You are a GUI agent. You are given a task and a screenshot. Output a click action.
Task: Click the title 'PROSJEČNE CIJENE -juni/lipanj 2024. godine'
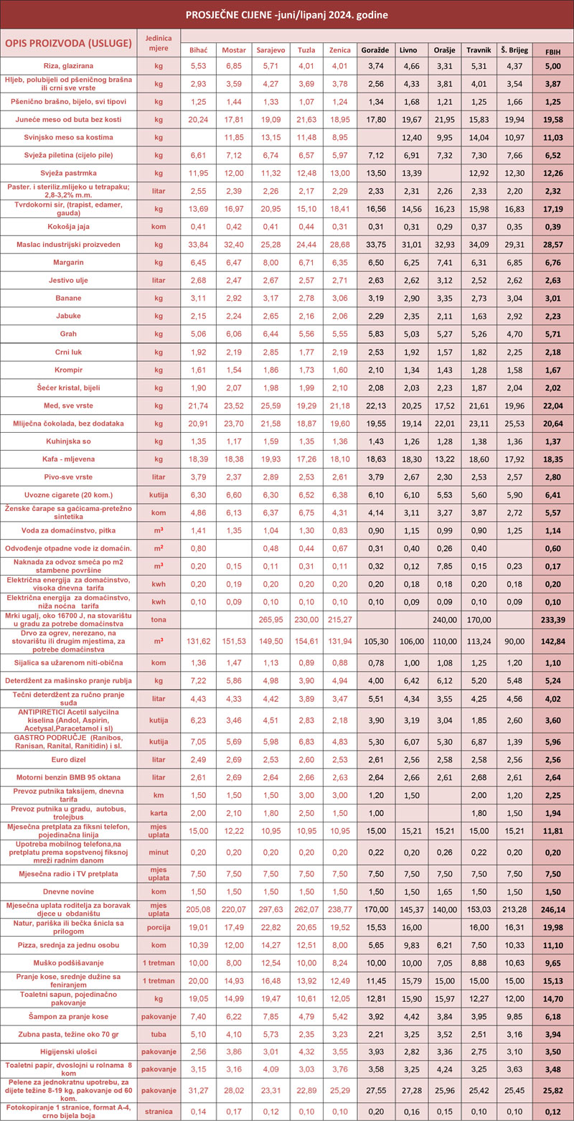(287, 14)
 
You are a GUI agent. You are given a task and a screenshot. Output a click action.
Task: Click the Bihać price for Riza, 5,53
(198, 65)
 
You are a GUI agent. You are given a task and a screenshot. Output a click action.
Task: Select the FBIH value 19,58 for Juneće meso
(553, 119)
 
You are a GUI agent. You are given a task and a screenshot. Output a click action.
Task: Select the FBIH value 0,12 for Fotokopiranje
(553, 1111)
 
